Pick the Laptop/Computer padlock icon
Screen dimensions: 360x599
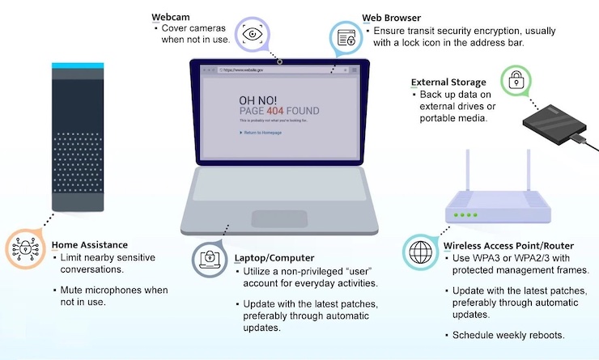coord(209,258)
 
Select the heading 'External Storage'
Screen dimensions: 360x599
coord(448,82)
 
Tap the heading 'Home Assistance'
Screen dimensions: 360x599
coord(89,244)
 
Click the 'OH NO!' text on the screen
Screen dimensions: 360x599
coord(258,98)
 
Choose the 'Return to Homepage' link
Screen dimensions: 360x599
coord(261,132)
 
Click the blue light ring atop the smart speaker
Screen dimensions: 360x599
coord(79,65)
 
